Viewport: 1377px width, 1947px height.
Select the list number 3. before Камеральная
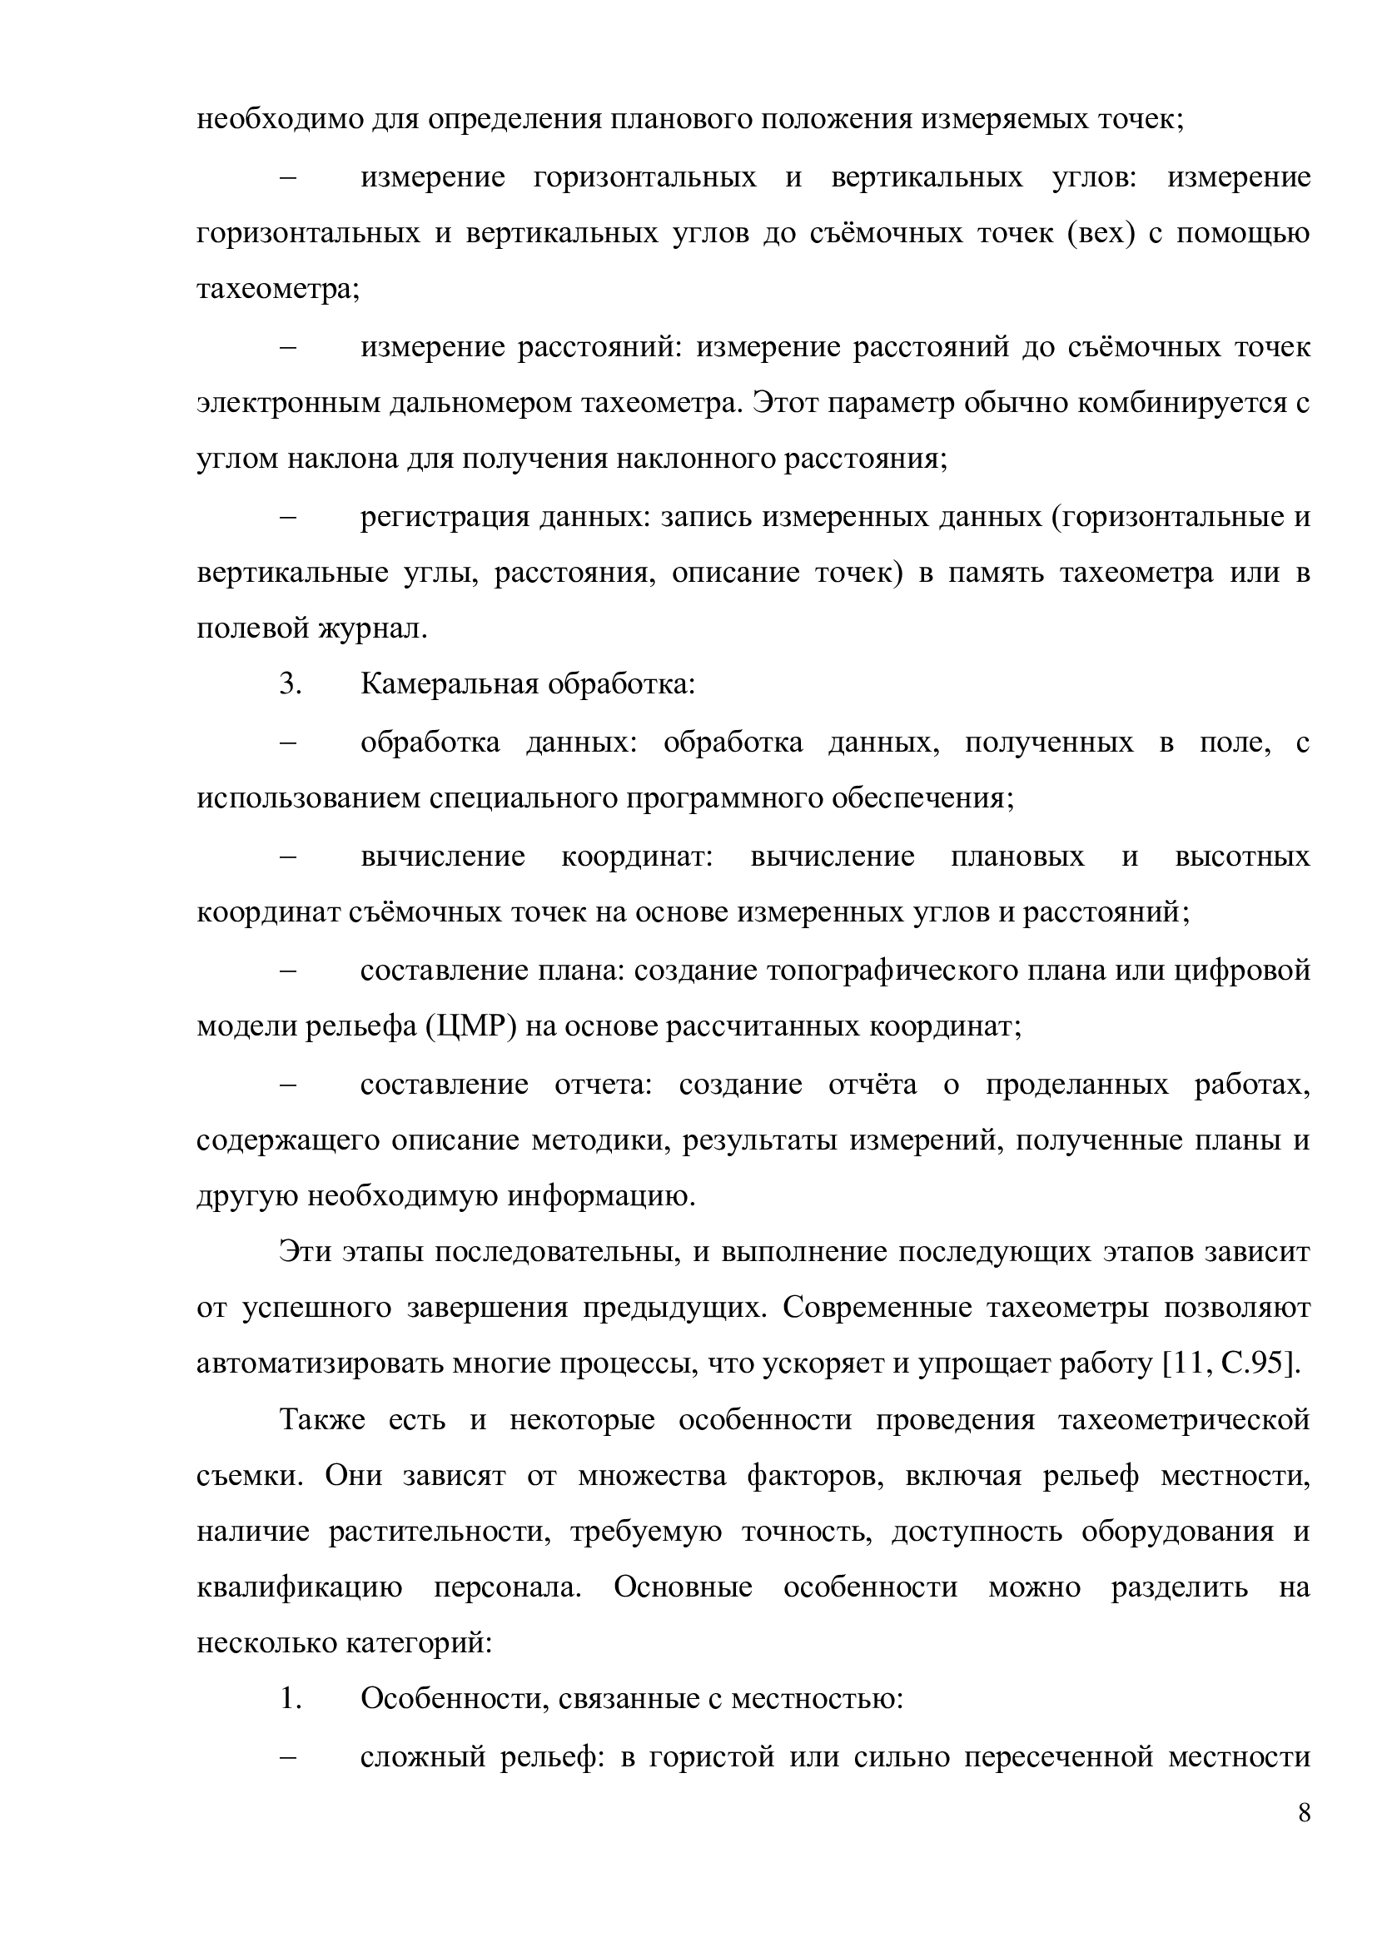[291, 684]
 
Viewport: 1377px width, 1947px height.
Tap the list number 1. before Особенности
[291, 1691]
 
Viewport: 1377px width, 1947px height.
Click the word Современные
[877, 1307]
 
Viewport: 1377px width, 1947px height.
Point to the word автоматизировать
[319, 1363]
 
